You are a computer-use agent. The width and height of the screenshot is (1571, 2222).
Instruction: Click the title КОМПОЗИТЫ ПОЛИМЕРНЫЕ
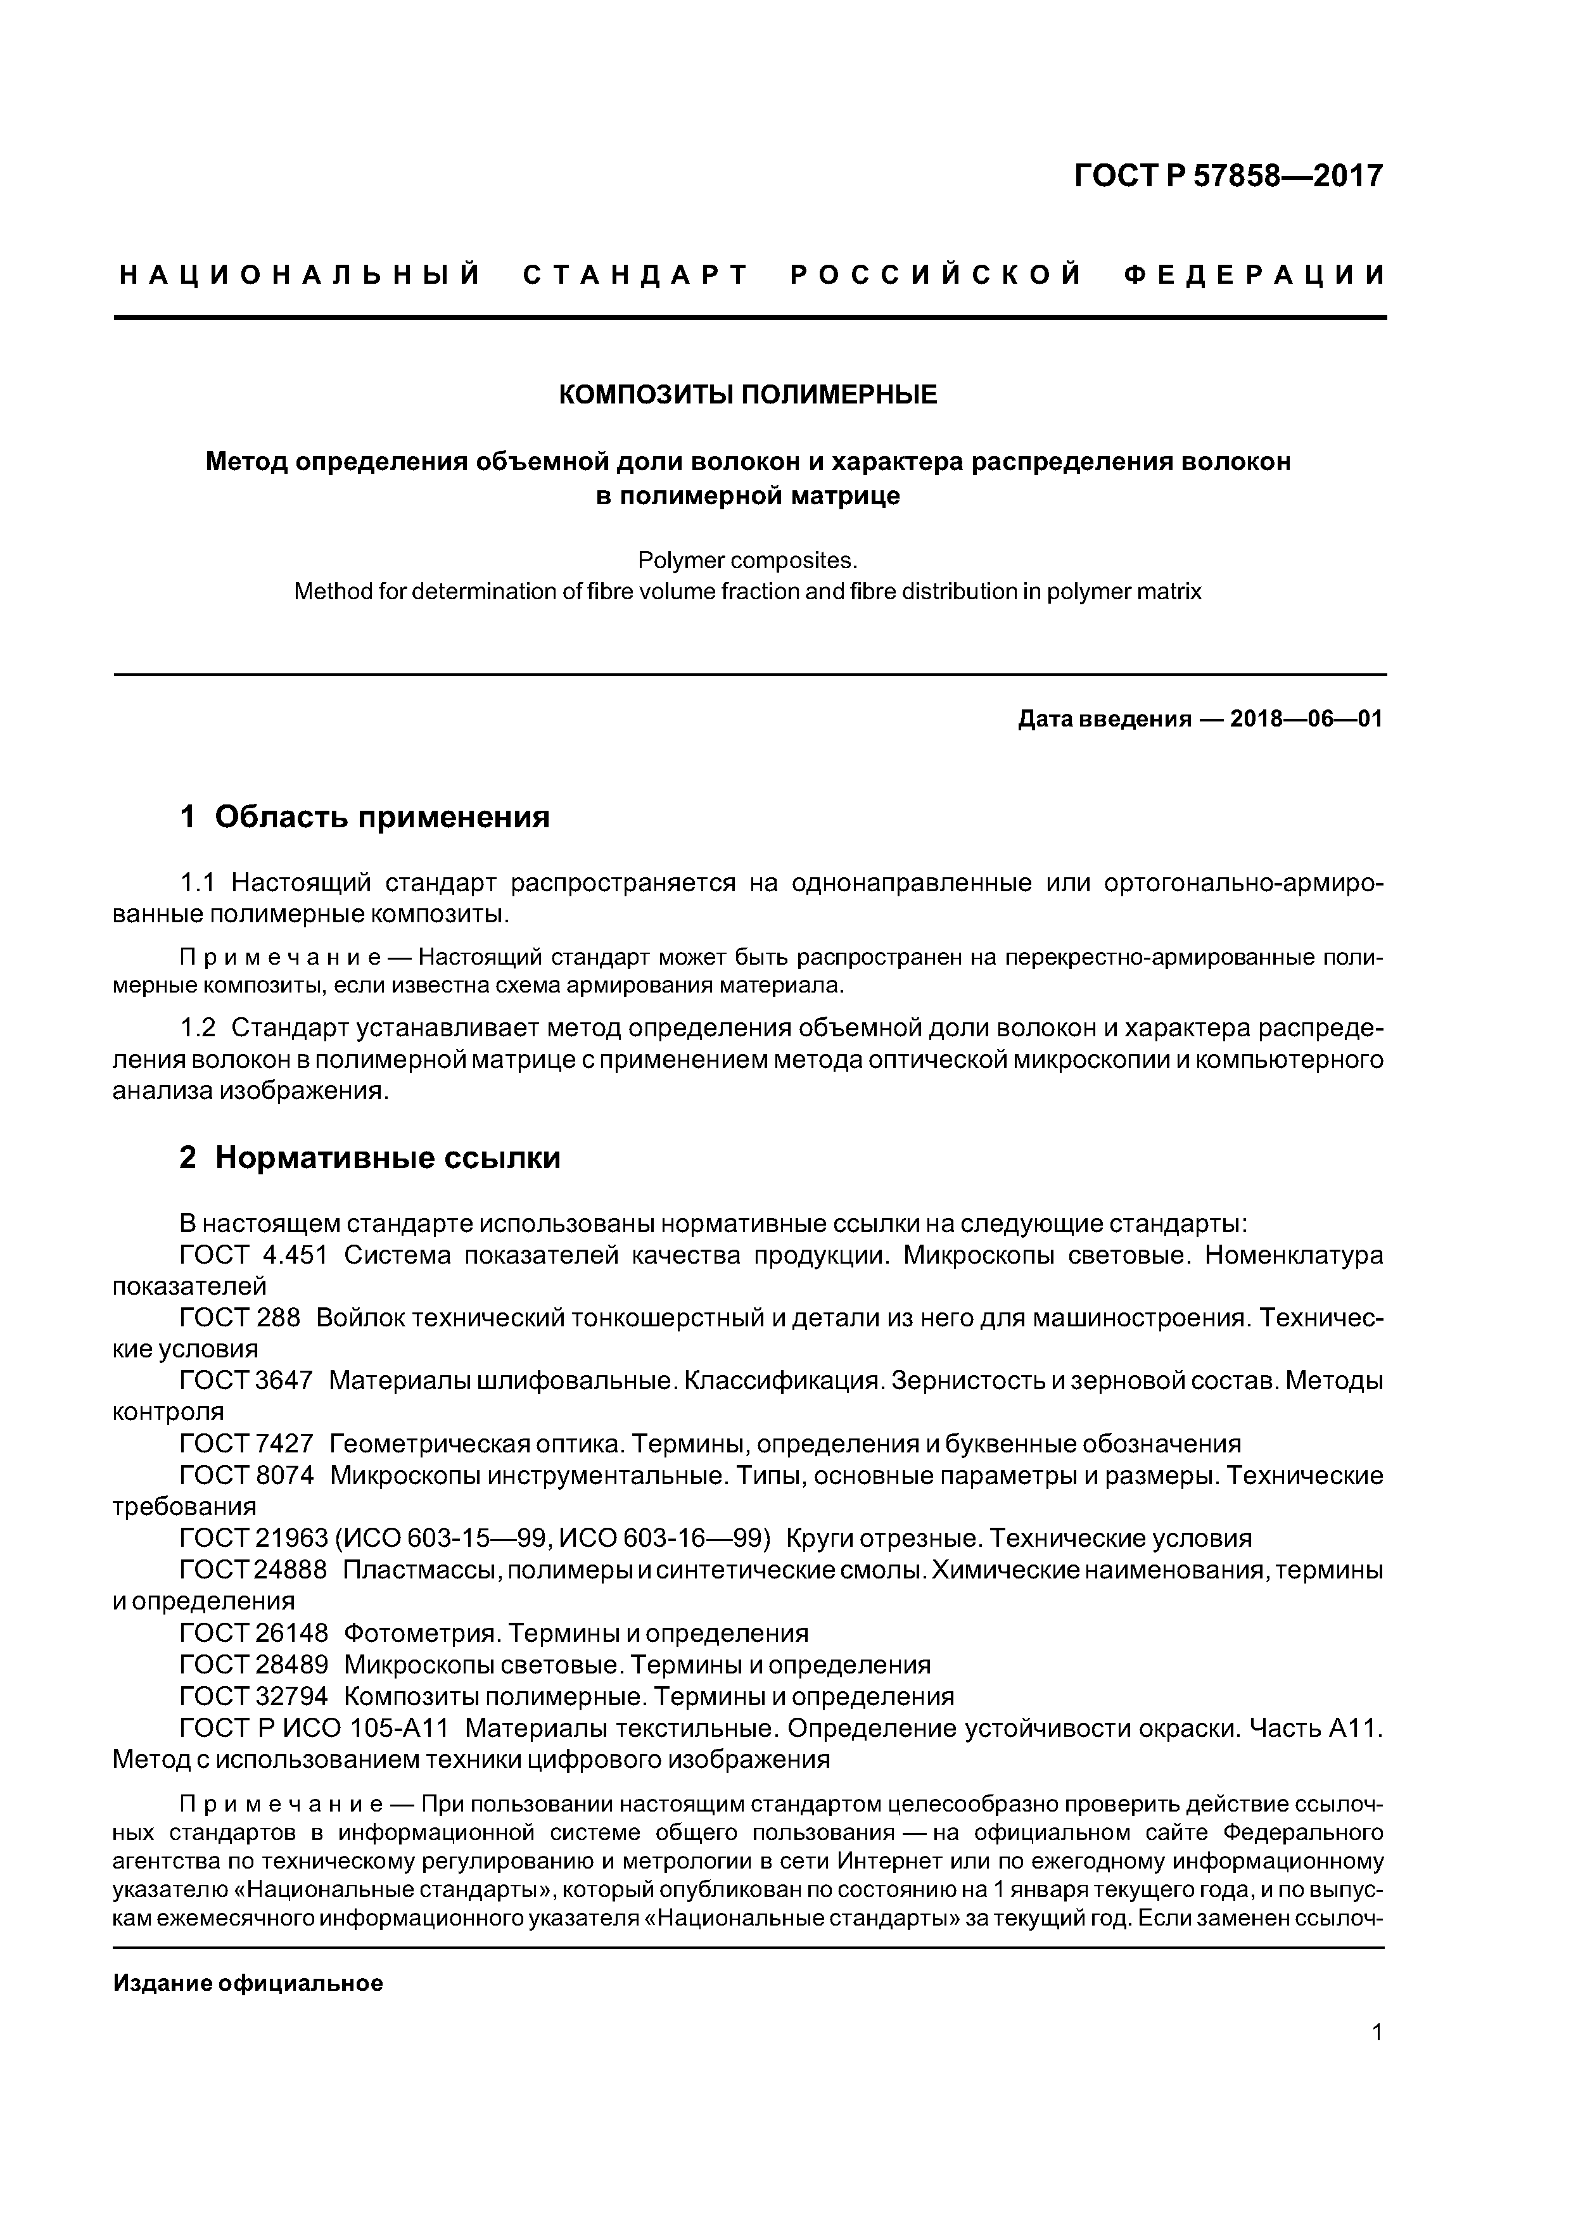coord(748,395)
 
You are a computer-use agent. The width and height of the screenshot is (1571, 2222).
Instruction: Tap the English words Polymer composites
coord(748,561)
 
